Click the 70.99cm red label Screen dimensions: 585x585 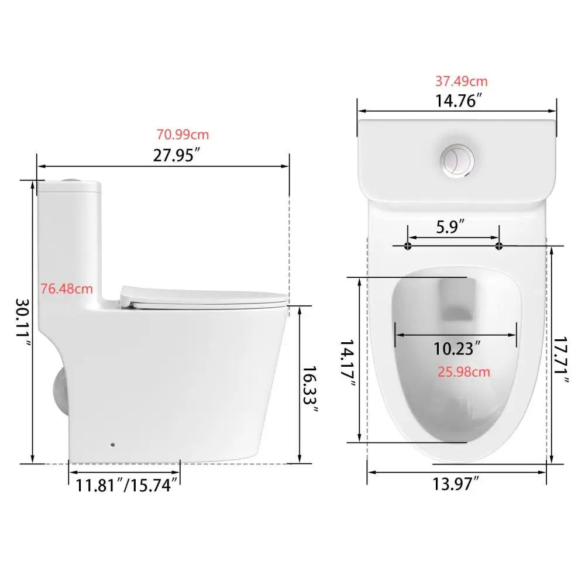[182, 135]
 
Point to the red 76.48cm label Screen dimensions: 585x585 [67, 288]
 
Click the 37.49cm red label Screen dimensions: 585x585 [461, 81]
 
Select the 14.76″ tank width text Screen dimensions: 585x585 [458, 101]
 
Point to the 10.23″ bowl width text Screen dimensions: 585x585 [457, 349]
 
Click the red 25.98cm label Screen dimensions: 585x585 [464, 371]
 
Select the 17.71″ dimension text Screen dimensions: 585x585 [563, 360]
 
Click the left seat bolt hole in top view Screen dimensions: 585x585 [408, 246]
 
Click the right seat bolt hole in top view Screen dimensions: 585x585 [498, 246]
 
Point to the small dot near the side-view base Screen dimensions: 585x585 [113, 445]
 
